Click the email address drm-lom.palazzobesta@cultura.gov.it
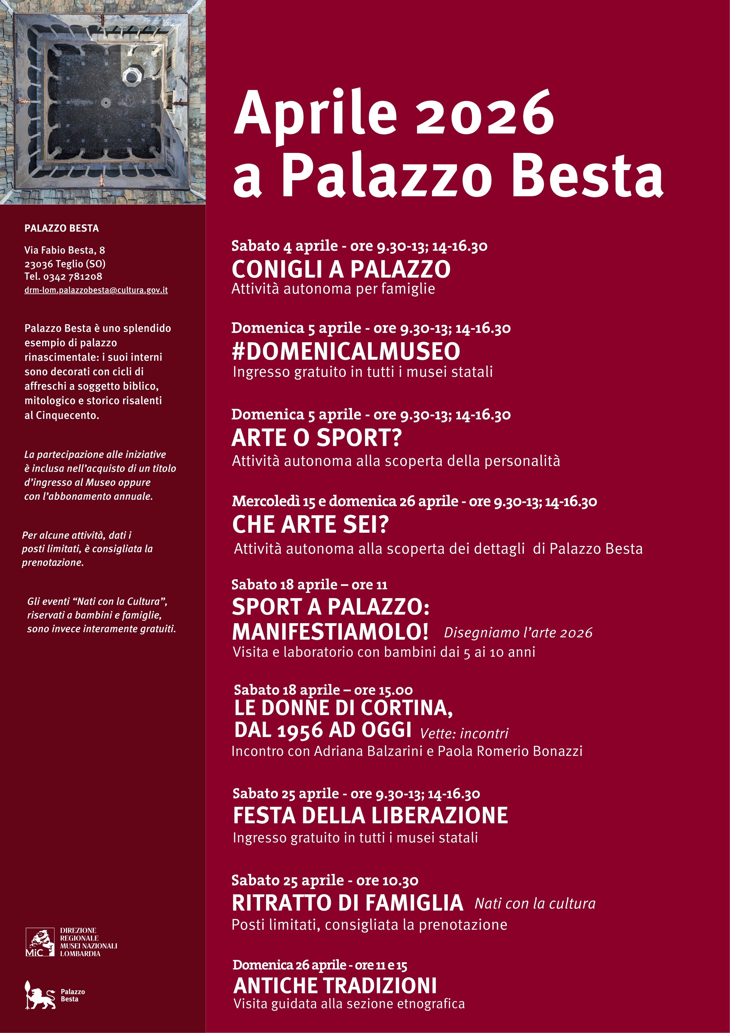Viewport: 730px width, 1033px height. click(96, 290)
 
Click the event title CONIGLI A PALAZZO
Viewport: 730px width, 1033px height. click(341, 269)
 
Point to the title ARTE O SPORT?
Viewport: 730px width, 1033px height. click(316, 438)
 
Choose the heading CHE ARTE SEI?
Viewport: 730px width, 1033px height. click(310, 525)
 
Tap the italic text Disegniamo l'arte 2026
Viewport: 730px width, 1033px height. click(518, 632)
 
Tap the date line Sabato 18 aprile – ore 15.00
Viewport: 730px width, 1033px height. click(323, 690)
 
